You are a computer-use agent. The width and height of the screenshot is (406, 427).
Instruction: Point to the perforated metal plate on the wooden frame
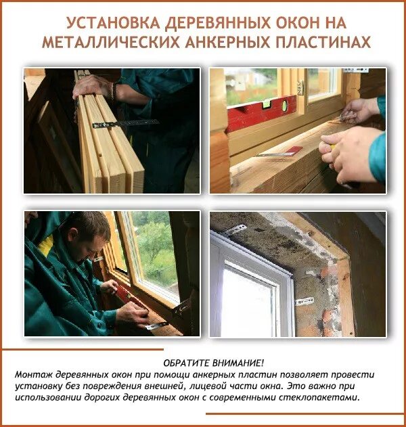coord(125,124)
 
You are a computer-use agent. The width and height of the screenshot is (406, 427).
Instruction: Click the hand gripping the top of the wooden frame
coord(95,85)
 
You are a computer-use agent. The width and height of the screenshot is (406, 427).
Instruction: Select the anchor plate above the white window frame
coord(235,231)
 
